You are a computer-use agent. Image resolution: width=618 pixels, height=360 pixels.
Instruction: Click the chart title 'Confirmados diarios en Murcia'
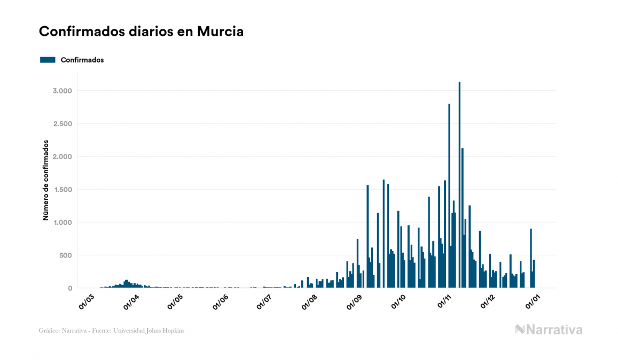coord(141,32)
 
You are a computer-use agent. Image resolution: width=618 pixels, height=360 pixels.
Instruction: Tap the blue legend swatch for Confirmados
coord(48,60)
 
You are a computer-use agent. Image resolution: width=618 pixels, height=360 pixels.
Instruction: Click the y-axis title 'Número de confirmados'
coord(46,181)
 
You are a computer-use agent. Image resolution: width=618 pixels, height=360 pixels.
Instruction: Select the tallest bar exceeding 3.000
coord(459,185)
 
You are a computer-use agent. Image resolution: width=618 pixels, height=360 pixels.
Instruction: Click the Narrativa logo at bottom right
coord(549,330)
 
